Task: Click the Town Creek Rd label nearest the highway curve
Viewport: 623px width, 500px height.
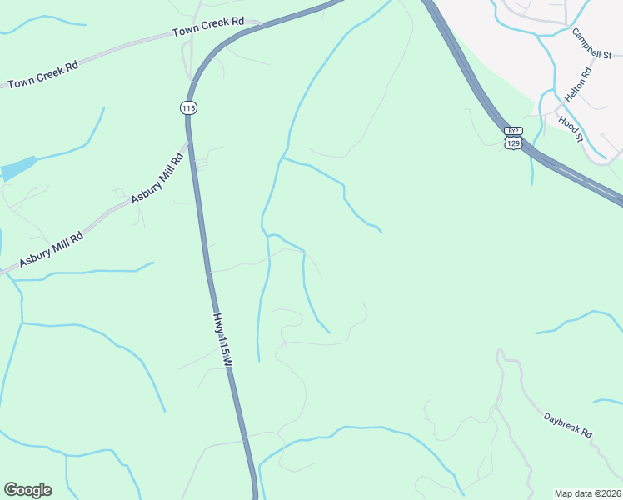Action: pyautogui.click(x=208, y=27)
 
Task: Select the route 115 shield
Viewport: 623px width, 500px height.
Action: pyautogui.click(x=187, y=107)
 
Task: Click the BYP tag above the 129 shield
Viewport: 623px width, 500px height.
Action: pyautogui.click(x=512, y=132)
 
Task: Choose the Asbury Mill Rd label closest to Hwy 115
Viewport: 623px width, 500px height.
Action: pyautogui.click(x=157, y=179)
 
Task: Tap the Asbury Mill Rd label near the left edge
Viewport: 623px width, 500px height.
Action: pyautogui.click(x=52, y=248)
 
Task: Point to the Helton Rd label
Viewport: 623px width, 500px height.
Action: pyautogui.click(x=577, y=85)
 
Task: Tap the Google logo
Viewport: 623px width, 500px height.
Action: pyautogui.click(x=27, y=490)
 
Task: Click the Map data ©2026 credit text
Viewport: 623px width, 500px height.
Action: pyautogui.click(x=587, y=492)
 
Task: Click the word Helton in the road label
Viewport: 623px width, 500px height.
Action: pyautogui.click(x=574, y=90)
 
